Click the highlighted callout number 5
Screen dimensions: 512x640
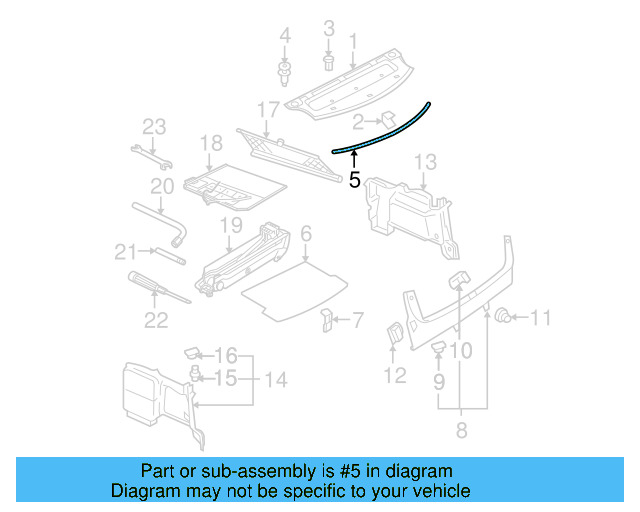click(354, 181)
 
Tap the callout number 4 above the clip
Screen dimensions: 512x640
click(285, 37)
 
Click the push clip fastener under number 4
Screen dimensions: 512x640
click(285, 73)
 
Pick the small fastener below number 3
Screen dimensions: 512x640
click(329, 62)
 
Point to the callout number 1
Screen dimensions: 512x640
click(352, 41)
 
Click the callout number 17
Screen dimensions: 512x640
click(268, 108)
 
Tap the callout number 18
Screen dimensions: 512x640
click(210, 144)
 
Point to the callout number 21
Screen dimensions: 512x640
click(124, 250)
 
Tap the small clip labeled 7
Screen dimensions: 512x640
click(327, 320)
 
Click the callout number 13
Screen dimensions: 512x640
click(425, 161)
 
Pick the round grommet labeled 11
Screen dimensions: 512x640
click(505, 318)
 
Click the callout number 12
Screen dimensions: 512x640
click(396, 375)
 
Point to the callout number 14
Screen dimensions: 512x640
click(274, 380)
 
